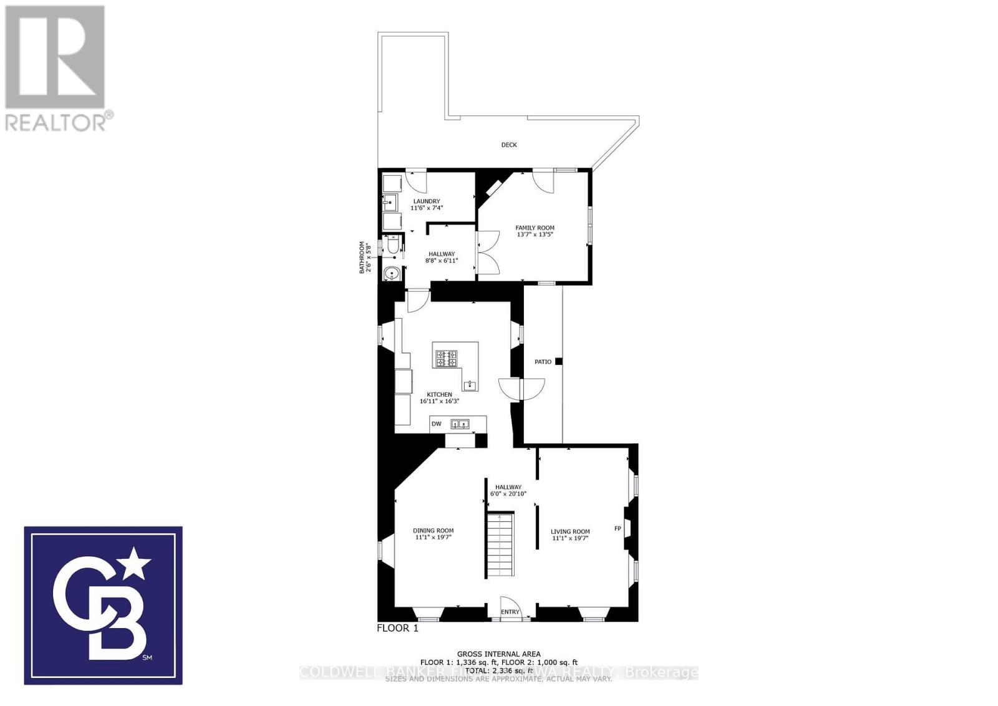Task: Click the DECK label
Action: (x=509, y=145)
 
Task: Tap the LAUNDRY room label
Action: (x=427, y=201)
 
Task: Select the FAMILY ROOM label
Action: (x=535, y=228)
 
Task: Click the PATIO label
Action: (x=543, y=362)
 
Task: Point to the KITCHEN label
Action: (x=439, y=395)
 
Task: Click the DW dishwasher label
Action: (x=437, y=424)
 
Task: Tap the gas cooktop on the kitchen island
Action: (x=447, y=359)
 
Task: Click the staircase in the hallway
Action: (x=501, y=544)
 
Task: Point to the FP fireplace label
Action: (x=618, y=529)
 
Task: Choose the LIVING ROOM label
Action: (x=570, y=532)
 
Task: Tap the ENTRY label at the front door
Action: (x=510, y=612)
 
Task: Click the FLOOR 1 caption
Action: (x=397, y=628)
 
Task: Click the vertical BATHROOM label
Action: (x=364, y=258)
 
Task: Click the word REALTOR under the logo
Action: (x=55, y=122)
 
